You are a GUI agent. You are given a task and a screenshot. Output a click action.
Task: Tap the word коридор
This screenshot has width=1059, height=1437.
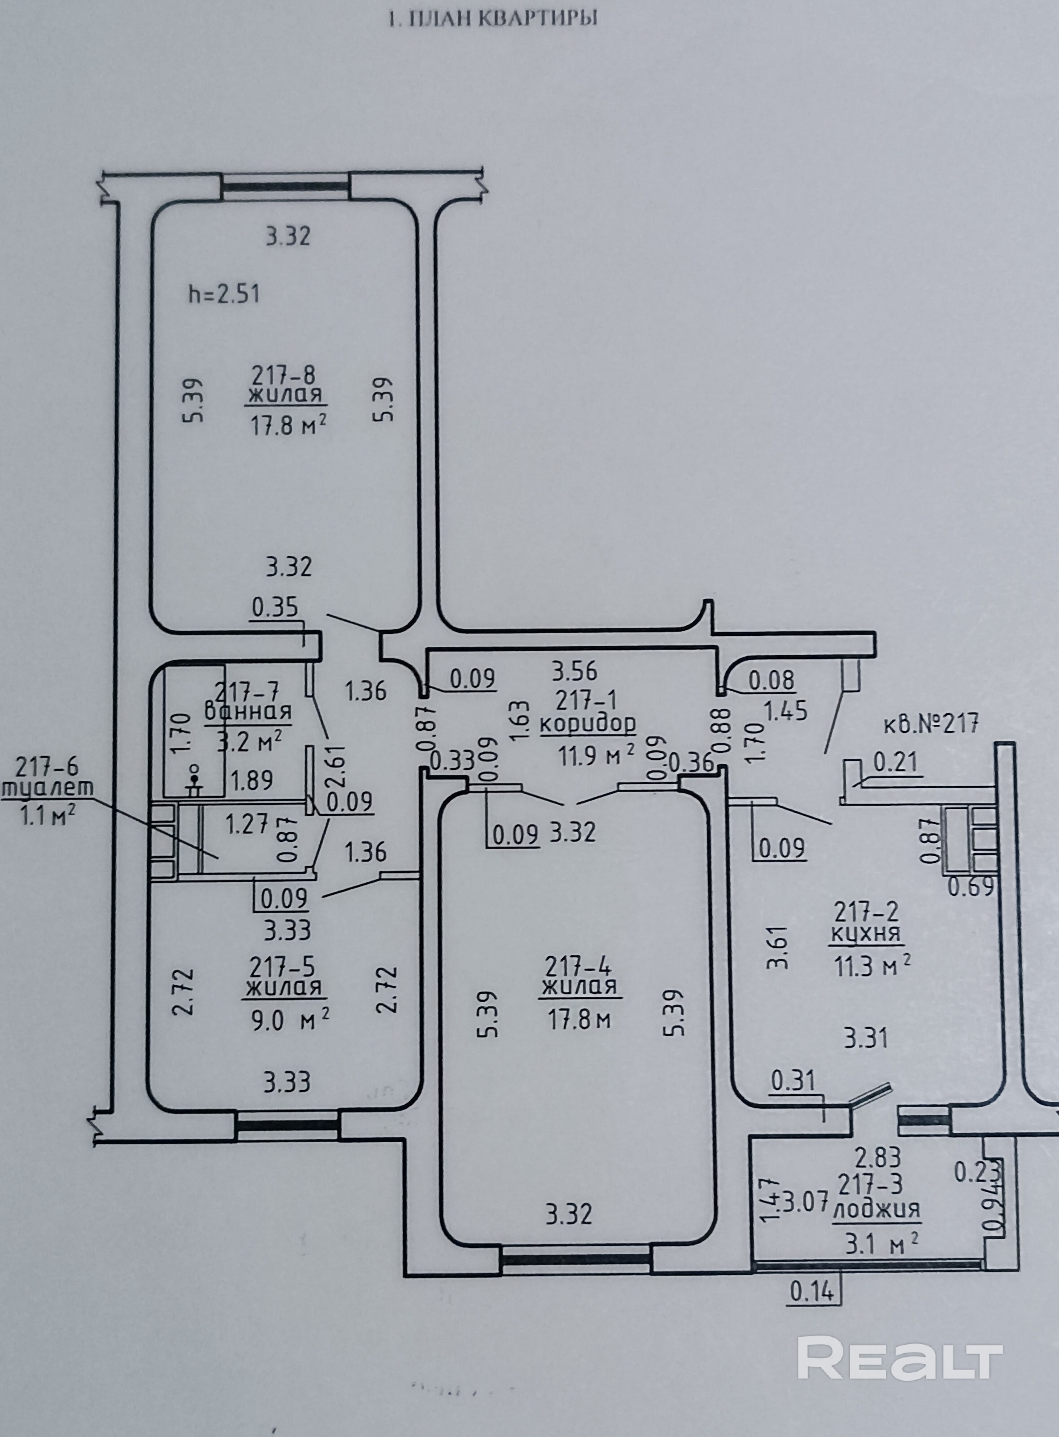click(x=588, y=724)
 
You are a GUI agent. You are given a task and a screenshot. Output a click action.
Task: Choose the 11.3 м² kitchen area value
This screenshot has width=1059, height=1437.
click(x=872, y=964)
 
